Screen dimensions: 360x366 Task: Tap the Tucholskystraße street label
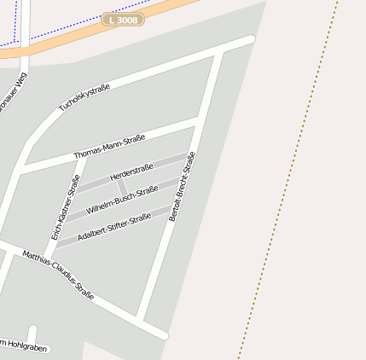(84, 97)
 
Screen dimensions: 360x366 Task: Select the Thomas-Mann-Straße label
(109, 146)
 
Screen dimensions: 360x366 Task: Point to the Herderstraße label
(131, 171)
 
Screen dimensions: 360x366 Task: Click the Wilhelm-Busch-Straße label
(122, 199)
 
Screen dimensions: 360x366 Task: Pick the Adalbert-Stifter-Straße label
(113, 226)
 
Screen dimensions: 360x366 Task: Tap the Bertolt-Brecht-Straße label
(182, 186)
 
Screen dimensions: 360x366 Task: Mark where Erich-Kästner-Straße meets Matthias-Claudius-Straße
(48, 260)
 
